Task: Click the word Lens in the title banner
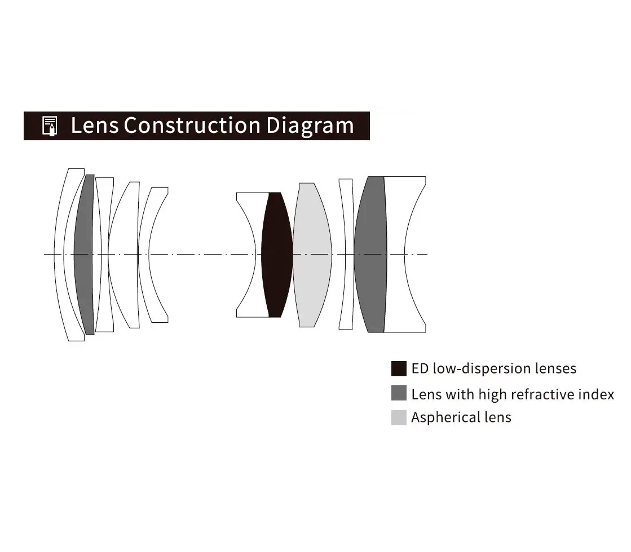(95, 125)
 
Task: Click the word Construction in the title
(192, 125)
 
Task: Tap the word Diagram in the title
(310, 126)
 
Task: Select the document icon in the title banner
(50, 126)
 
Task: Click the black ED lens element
(277, 255)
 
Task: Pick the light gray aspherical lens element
(312, 255)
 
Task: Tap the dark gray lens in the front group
(84, 255)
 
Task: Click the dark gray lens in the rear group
(370, 255)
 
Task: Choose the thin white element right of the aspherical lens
(346, 255)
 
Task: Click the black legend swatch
(399, 368)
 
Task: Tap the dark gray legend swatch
(399, 393)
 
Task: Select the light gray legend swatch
(399, 417)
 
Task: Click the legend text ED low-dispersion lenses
(494, 368)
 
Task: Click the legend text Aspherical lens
(461, 417)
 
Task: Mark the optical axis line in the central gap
(202, 254)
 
